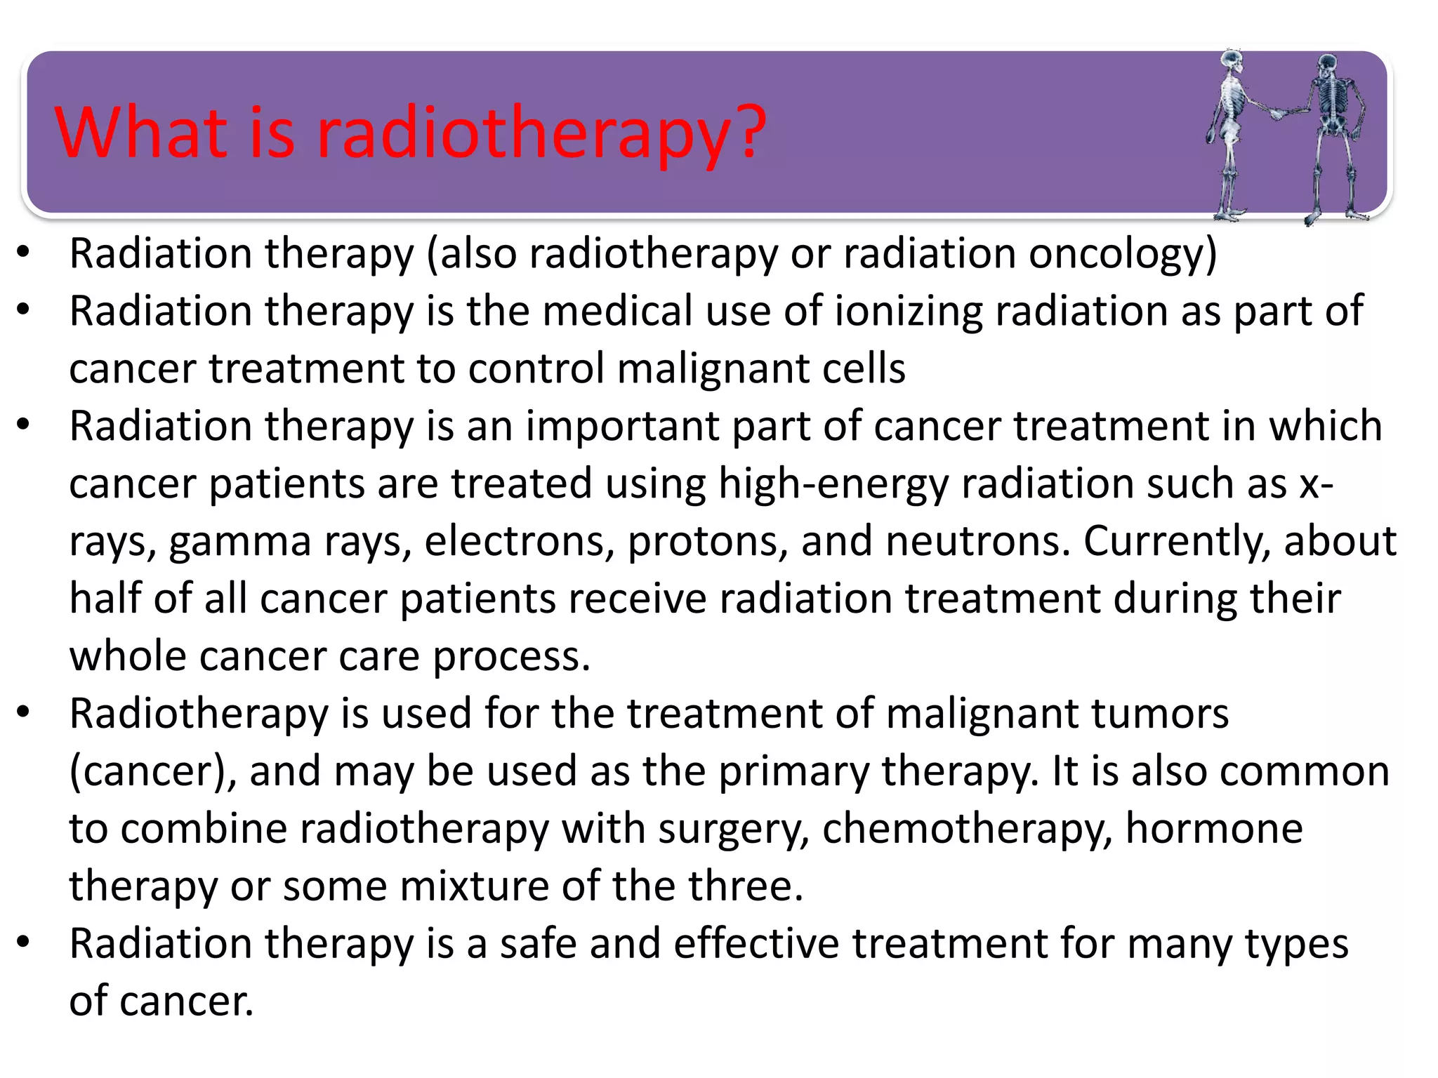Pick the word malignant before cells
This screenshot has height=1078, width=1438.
[x=713, y=369]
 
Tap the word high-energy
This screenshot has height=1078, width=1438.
[x=833, y=484]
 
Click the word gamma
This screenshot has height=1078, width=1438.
[x=240, y=543]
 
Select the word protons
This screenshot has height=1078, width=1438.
[x=708, y=542]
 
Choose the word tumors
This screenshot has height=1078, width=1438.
[x=1159, y=714]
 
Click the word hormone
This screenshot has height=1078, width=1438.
[x=1214, y=829]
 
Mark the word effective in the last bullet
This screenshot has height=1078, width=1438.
[x=756, y=944]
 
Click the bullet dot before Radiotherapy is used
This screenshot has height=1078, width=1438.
[x=24, y=712]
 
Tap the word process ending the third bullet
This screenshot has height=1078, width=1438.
[x=511, y=658]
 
